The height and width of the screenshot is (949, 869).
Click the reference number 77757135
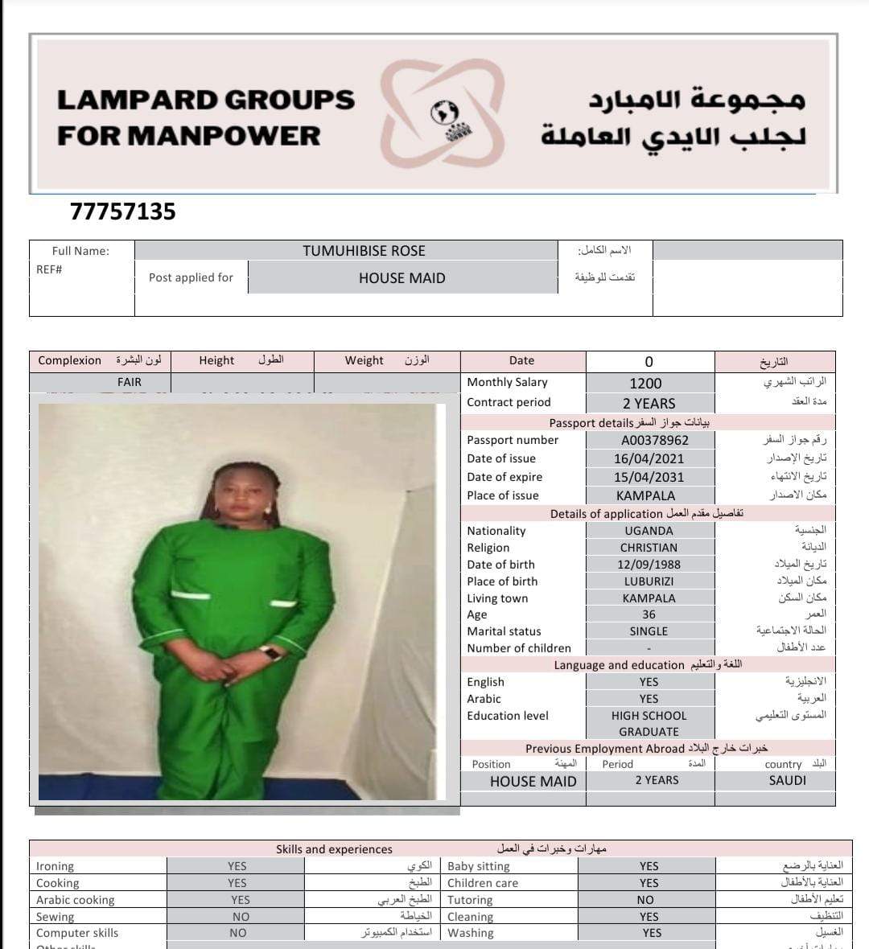click(122, 212)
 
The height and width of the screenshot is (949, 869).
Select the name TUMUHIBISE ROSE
click(364, 251)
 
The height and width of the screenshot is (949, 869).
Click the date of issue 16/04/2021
click(649, 458)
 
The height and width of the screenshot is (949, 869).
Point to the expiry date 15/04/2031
click(649, 477)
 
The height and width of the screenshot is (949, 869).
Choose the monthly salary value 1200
click(645, 384)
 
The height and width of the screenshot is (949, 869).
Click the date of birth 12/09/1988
click(649, 565)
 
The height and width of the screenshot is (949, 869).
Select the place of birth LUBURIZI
click(649, 581)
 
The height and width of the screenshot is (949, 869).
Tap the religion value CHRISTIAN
click(649, 548)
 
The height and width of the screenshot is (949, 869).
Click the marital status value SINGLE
click(649, 631)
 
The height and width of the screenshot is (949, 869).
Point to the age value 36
click(649, 614)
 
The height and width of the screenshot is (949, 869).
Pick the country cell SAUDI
click(787, 780)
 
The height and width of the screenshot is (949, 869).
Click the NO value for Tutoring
click(645, 900)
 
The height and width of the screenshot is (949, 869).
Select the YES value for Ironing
click(237, 866)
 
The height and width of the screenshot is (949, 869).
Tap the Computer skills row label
click(77, 933)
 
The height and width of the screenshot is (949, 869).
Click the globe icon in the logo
click(444, 113)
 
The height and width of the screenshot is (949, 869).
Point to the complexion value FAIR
click(130, 382)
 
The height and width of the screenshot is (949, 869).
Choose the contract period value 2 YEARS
click(649, 403)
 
